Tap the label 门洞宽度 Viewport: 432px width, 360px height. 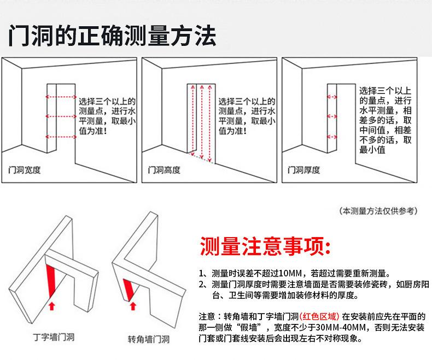25,170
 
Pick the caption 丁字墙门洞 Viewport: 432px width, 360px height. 52,337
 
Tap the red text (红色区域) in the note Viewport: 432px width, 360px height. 319,317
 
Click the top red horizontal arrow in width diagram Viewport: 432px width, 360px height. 61,97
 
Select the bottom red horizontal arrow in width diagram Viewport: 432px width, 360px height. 61,137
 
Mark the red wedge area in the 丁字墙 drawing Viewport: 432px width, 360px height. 53,281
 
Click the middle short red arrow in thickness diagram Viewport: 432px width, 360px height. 331,116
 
